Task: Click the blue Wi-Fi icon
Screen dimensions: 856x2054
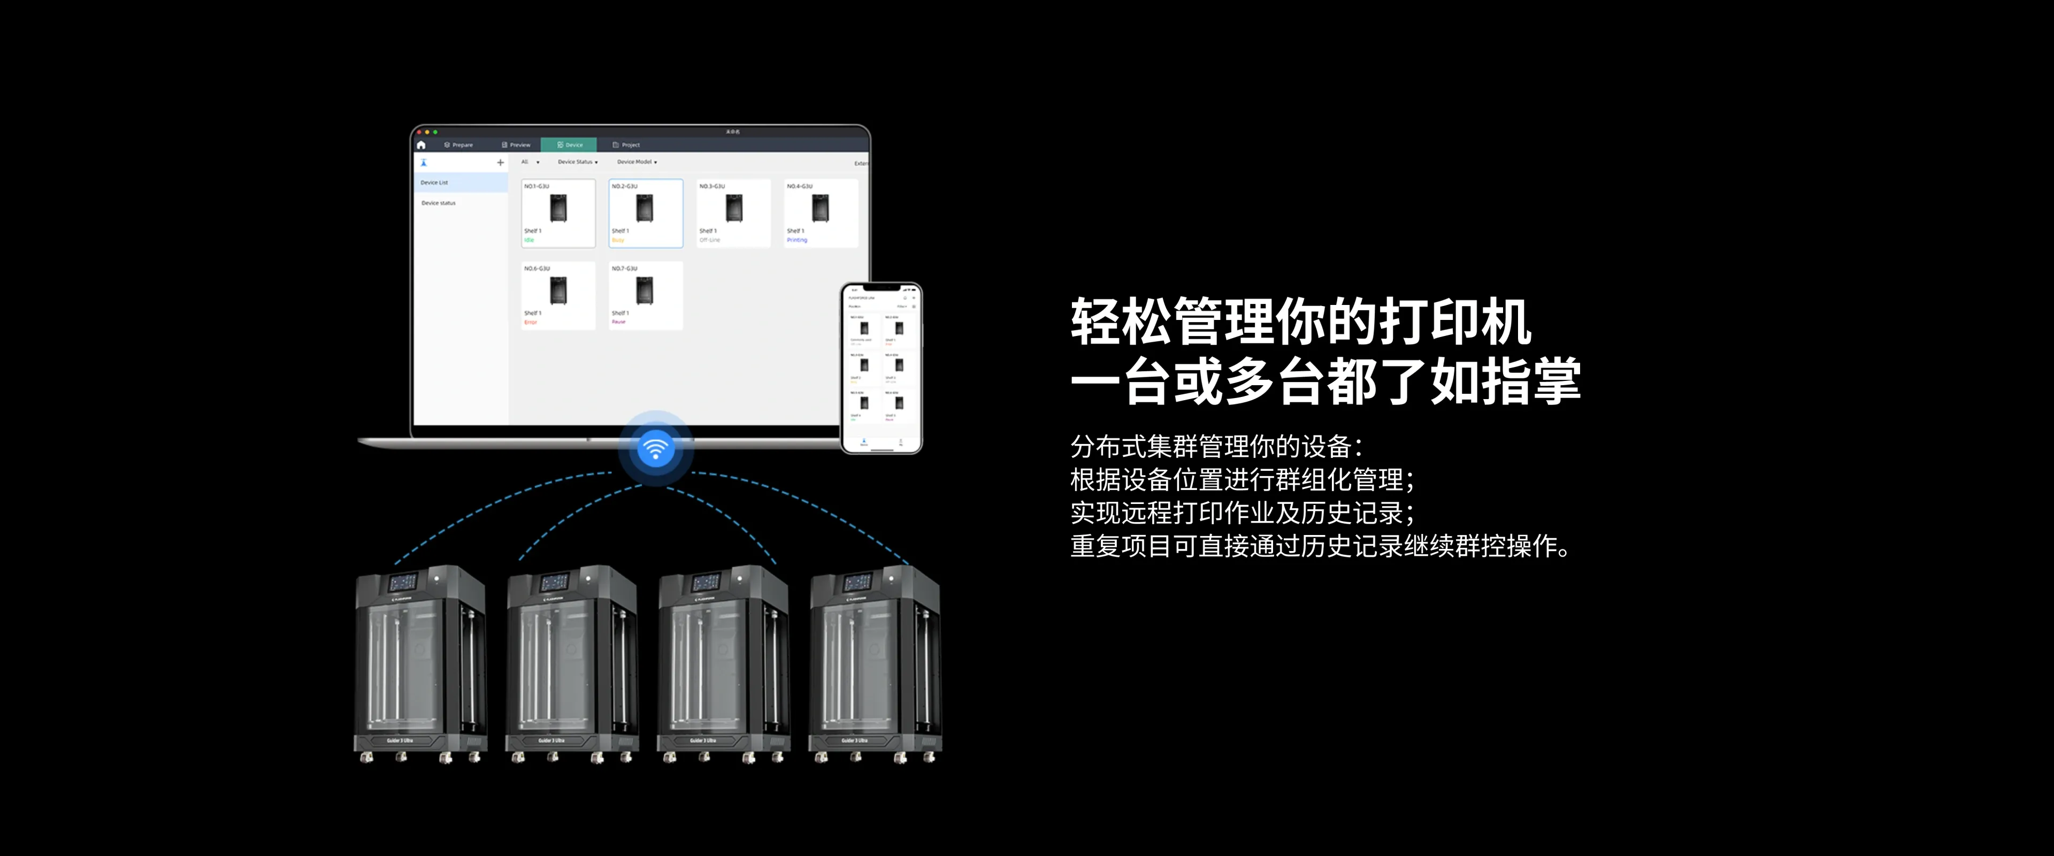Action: tap(655, 448)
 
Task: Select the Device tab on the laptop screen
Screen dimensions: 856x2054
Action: tap(569, 145)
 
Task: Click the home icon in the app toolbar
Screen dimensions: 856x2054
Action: tap(421, 145)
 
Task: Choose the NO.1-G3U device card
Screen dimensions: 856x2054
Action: tap(558, 213)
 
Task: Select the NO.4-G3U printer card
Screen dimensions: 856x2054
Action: tap(821, 213)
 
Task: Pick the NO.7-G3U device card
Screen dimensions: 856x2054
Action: tap(645, 295)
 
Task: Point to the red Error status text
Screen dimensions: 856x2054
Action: tap(530, 322)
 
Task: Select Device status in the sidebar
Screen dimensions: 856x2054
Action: tap(439, 203)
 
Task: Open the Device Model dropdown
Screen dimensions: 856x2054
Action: tap(637, 162)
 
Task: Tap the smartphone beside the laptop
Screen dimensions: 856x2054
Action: tap(881, 367)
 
